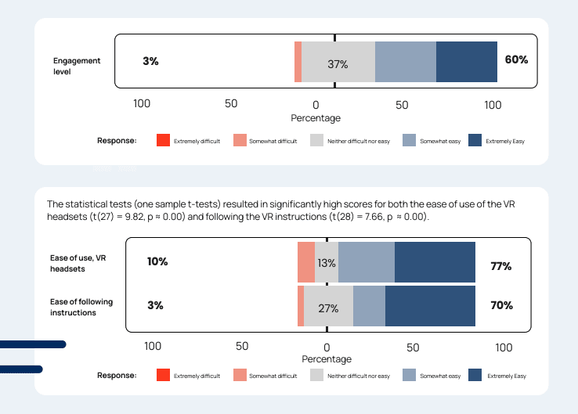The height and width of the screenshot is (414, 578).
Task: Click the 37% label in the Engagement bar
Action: [x=338, y=64]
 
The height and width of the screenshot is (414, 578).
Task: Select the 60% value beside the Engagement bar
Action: [x=516, y=59]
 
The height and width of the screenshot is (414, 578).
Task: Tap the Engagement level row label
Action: [x=73, y=66]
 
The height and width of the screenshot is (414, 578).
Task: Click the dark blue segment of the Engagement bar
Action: [x=466, y=62]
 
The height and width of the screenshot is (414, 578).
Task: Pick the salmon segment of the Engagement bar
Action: [x=298, y=62]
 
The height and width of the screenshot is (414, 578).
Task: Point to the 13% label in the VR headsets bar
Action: [x=327, y=263]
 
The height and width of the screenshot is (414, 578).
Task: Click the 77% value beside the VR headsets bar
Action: [x=500, y=266]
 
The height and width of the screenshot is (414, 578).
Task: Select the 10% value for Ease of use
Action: [x=157, y=261]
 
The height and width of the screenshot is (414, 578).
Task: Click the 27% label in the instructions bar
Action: [x=328, y=308]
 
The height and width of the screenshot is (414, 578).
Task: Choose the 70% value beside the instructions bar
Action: [x=501, y=305]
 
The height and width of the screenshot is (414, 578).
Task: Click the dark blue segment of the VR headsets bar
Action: [x=435, y=262]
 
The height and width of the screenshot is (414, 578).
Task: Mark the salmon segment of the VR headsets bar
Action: [x=305, y=262]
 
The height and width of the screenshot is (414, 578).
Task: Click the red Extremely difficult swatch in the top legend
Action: [x=163, y=141]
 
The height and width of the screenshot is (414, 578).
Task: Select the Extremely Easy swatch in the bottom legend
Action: [x=475, y=376]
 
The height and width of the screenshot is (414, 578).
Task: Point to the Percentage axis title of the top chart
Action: [x=316, y=118]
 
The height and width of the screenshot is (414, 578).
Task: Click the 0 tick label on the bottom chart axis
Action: [x=327, y=347]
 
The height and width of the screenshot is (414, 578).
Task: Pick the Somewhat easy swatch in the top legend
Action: [x=409, y=141]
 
